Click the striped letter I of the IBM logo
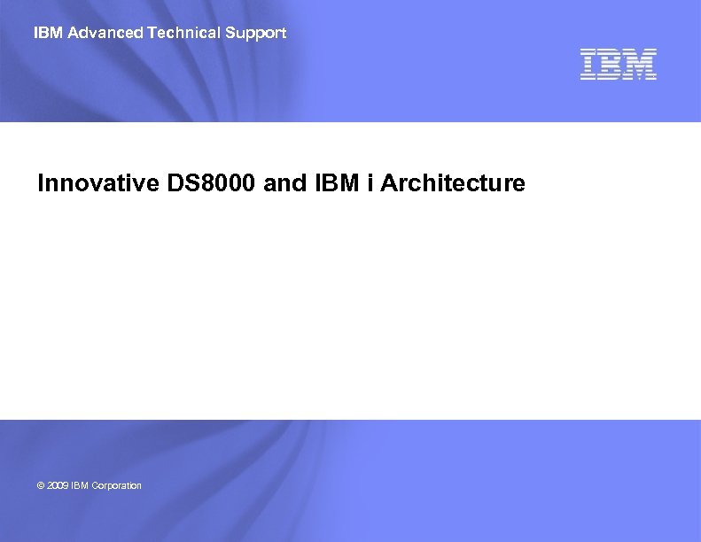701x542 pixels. [x=589, y=65]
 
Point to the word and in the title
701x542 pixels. [x=283, y=183]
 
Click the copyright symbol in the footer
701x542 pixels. [x=41, y=485]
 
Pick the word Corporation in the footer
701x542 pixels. [x=117, y=485]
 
